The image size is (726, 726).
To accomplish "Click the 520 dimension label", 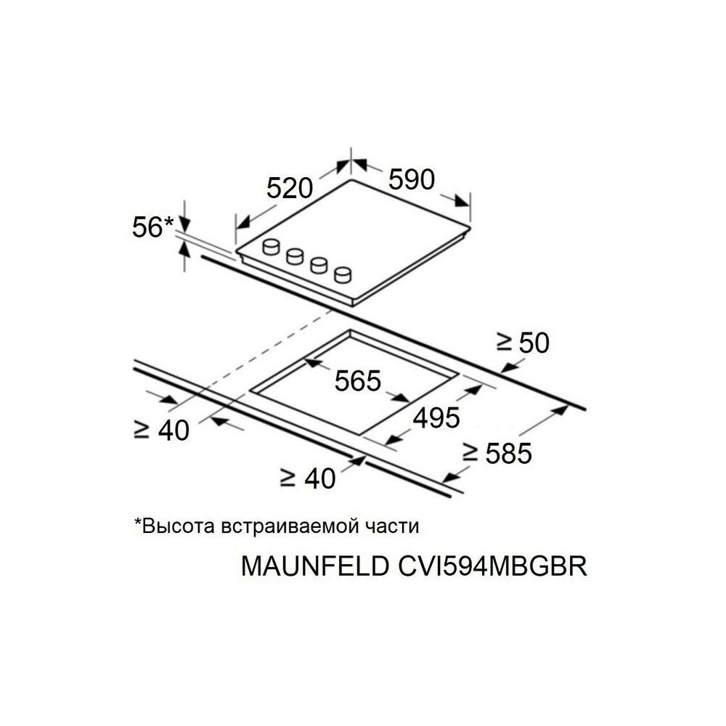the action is point(289,189).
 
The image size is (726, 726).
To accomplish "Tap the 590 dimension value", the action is point(411,179).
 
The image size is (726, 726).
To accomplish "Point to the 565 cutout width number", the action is point(357,380).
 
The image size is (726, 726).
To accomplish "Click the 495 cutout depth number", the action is point(436,417).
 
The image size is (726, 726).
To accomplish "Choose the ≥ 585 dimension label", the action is point(498,454).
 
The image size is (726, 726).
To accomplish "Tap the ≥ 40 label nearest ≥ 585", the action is point(309,478).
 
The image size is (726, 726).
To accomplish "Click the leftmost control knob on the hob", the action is point(272,247).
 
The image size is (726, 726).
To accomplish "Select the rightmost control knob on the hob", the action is point(343,274).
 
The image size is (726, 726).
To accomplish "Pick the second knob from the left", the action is point(295,256).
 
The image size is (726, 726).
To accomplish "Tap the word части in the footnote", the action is point(396,526).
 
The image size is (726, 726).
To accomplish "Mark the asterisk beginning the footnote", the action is point(137,522).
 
